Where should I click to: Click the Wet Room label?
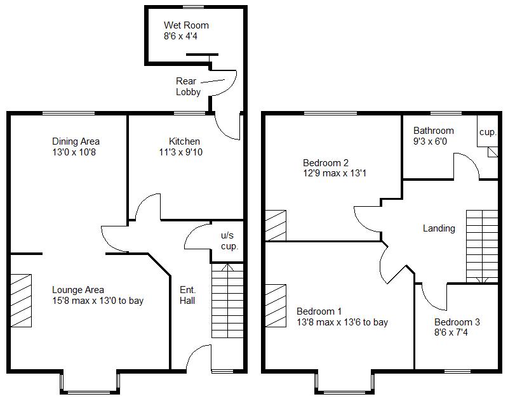[186, 25]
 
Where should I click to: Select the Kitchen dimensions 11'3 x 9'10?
[185, 152]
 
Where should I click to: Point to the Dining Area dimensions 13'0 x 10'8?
[76, 152]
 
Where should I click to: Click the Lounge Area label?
[78, 290]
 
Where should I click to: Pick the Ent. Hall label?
[187, 294]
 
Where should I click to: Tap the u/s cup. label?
[229, 240]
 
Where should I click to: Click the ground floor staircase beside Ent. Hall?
[227, 301]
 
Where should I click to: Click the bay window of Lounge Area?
[90, 383]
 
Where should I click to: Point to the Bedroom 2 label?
[326, 162]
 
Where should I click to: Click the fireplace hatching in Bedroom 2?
[276, 225]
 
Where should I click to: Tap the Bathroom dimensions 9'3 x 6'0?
[430, 141]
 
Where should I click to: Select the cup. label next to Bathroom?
[488, 132]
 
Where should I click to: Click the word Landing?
[439, 228]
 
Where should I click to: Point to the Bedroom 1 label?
[319, 311]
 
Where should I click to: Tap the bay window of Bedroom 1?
[344, 383]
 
